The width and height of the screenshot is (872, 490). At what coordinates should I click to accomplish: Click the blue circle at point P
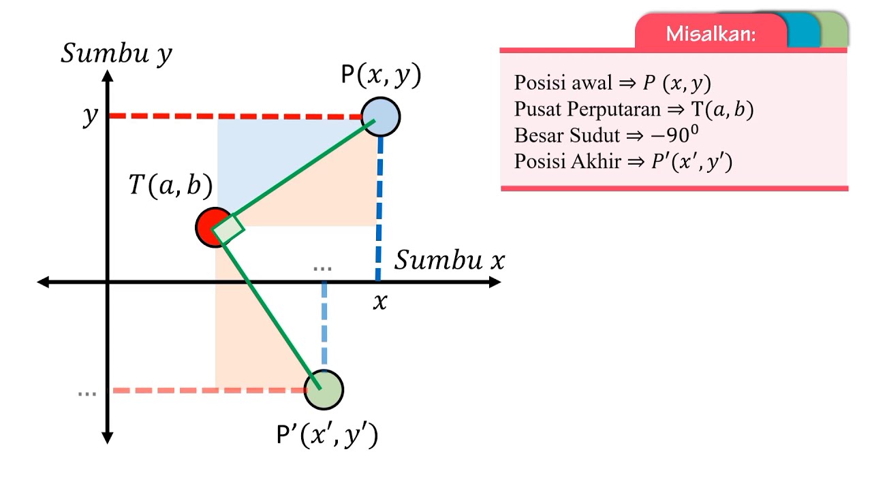[x=381, y=116]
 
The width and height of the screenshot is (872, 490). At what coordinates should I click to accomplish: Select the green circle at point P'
[x=324, y=390]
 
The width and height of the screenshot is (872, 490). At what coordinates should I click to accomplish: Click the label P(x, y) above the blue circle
[x=381, y=74]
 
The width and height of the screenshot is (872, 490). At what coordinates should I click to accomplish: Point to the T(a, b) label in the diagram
[x=170, y=185]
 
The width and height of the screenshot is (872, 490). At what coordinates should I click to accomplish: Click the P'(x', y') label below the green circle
[x=327, y=435]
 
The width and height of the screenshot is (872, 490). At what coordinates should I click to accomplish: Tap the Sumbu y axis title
[x=116, y=53]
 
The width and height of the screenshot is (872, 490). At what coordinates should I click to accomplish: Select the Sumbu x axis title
[x=450, y=260]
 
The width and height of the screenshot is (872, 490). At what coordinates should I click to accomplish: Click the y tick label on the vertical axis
[x=91, y=116]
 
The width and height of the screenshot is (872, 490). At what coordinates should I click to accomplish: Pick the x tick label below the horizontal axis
[x=380, y=301]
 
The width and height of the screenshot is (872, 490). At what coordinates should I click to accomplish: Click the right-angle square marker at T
[x=229, y=229]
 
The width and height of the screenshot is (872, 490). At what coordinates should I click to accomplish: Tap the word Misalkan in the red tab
[x=711, y=34]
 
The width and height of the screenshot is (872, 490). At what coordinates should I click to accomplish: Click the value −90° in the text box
[x=674, y=135]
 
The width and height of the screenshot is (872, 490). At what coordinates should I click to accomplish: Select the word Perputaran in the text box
[x=614, y=109]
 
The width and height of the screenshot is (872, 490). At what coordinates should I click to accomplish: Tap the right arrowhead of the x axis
[x=495, y=282]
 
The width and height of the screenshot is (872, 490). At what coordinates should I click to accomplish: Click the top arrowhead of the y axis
[x=108, y=76]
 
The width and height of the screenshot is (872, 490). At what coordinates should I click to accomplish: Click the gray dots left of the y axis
[x=87, y=394]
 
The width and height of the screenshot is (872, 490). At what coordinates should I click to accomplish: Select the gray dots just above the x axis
[x=322, y=269]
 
